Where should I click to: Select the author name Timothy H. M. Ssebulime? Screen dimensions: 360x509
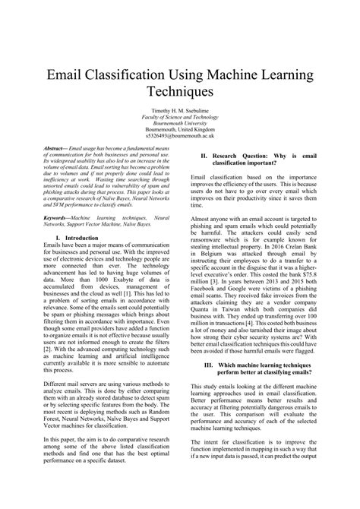[x=179, y=110]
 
